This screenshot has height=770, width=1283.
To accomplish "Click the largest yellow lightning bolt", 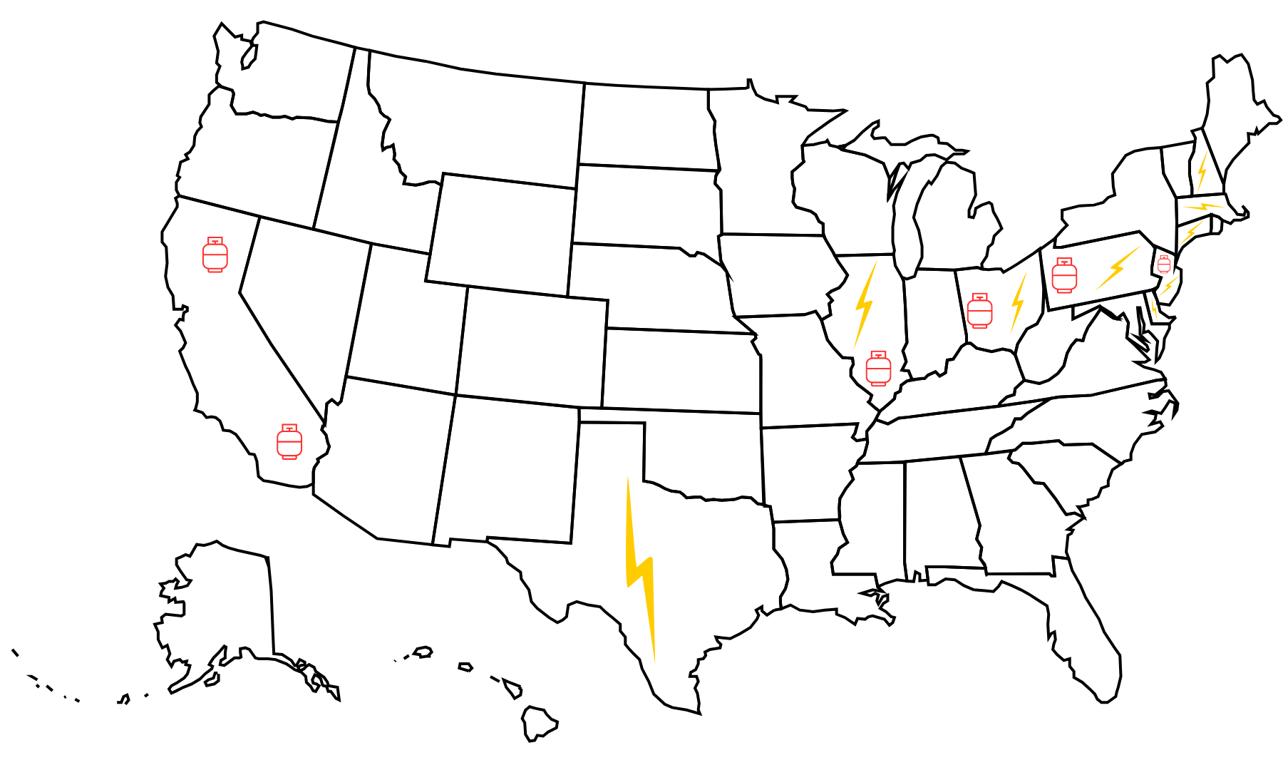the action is pyautogui.click(x=639, y=570).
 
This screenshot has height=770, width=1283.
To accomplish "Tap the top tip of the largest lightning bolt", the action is pyautogui.click(x=628, y=478).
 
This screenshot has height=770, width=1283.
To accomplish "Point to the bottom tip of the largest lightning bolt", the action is pyautogui.click(x=655, y=663).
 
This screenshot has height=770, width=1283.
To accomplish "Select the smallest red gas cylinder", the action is pyautogui.click(x=1164, y=265).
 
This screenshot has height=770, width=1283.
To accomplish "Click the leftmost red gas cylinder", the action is pyautogui.click(x=215, y=255).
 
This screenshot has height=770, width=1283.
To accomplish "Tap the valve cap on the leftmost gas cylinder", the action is pyautogui.click(x=215, y=240).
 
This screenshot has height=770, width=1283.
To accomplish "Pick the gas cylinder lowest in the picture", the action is pyautogui.click(x=289, y=442).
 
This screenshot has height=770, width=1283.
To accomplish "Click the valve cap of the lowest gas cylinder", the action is pyautogui.click(x=289, y=427).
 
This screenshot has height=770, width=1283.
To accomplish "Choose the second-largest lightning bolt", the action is pyautogui.click(x=865, y=305).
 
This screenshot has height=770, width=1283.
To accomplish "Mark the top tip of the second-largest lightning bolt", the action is pyautogui.click(x=877, y=261).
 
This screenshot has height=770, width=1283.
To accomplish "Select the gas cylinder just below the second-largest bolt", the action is pyautogui.click(x=878, y=369).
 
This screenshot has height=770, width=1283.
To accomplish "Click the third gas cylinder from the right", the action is pyautogui.click(x=979, y=311).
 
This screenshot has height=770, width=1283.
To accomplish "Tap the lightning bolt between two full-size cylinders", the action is pyautogui.click(x=1019, y=303).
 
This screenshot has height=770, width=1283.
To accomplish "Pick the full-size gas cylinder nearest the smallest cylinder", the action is pyautogui.click(x=1064, y=276).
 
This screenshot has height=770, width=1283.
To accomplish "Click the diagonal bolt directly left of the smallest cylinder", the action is pyautogui.click(x=1118, y=268).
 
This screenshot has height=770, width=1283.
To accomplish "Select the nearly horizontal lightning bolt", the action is pyautogui.click(x=1204, y=207).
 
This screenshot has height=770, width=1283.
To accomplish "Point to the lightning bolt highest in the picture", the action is pyautogui.click(x=1202, y=171).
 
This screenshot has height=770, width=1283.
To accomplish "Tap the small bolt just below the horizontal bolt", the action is pyautogui.click(x=1191, y=233).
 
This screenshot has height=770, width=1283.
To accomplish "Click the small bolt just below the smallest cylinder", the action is pyautogui.click(x=1168, y=287).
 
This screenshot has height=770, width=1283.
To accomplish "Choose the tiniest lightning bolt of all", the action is pyautogui.click(x=1154, y=309).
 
